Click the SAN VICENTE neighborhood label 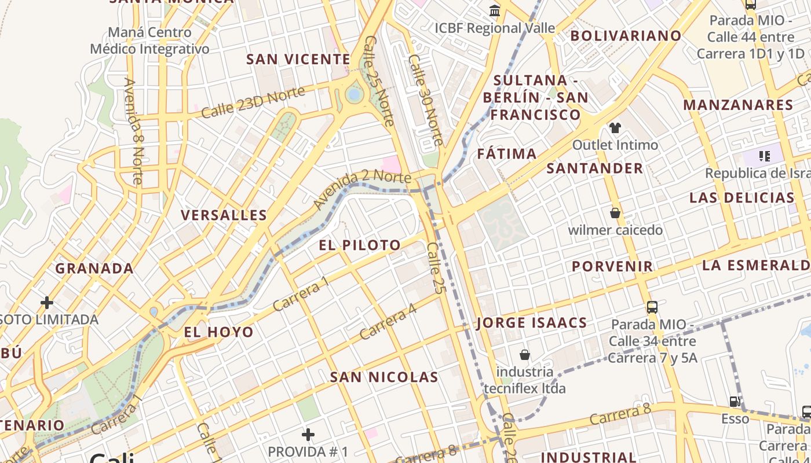coord(298,60)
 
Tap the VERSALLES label coord(224,215)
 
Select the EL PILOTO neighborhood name coord(360,245)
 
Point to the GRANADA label coord(94,269)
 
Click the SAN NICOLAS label coord(384,377)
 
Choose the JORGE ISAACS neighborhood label coord(532,323)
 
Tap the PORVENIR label coord(612,266)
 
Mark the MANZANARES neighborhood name coord(738,105)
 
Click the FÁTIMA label coord(507,154)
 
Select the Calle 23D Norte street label coord(253,102)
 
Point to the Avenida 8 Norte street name coord(133,131)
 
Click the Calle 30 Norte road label coord(426,100)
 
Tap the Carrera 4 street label coord(388,322)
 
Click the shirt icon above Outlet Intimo coord(615,127)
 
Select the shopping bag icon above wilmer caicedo coord(615,213)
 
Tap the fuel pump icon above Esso coord(735,401)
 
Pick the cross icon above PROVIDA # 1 coord(308,434)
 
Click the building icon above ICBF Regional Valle coord(495,10)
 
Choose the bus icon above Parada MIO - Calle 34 coord(652,307)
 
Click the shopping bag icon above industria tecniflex coord(525,354)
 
